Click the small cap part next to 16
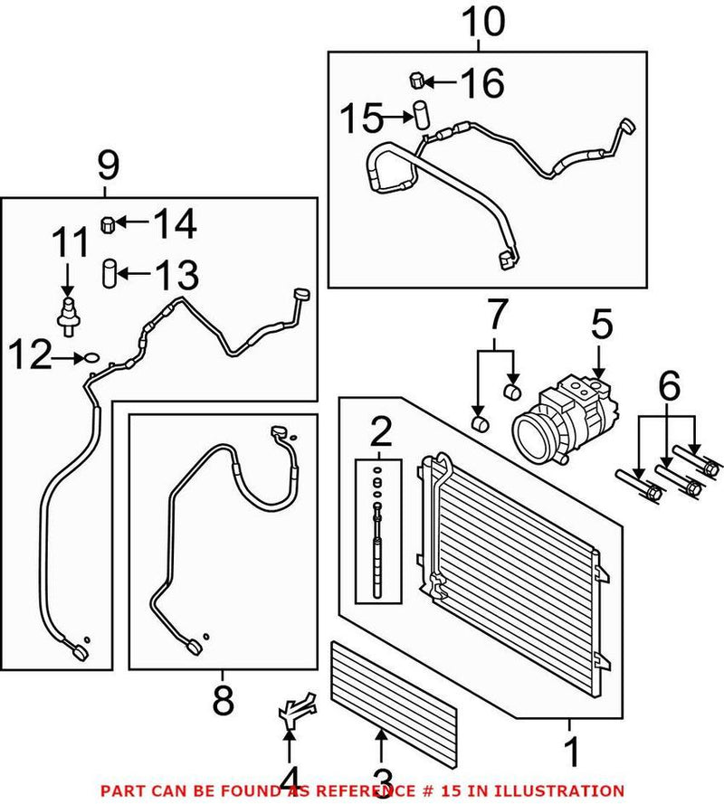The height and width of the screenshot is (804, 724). coord(417,81)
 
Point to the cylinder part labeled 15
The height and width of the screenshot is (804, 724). coord(420,117)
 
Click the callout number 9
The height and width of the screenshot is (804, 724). coord(107,166)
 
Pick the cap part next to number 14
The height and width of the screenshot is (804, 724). coord(107,222)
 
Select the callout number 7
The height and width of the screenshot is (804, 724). coord(494,319)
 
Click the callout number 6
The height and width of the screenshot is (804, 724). coord(669,391)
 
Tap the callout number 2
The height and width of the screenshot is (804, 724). coord(380,434)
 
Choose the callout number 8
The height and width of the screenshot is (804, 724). coord(223,698)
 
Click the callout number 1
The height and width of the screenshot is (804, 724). coord(570,750)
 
